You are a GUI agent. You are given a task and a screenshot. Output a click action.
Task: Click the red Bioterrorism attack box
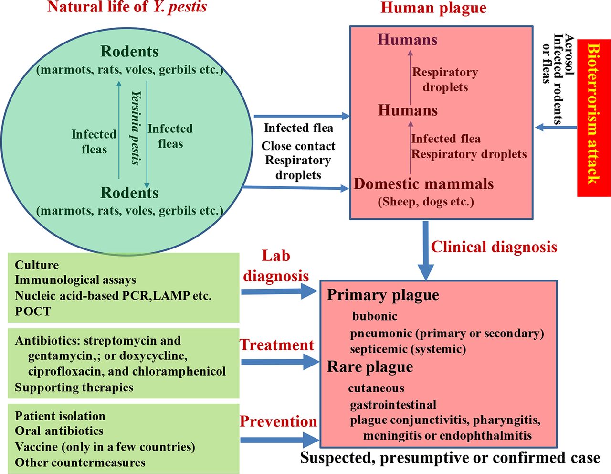(x=593, y=118)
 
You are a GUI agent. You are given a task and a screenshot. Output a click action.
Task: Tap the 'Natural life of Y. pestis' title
(x=127, y=7)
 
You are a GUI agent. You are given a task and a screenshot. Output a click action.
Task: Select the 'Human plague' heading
(x=433, y=8)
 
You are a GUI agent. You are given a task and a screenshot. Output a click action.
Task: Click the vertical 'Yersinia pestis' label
(x=136, y=128)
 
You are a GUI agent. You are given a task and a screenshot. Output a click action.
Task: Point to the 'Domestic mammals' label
(x=423, y=184)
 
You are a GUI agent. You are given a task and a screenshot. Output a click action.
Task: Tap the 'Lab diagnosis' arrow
(x=279, y=291)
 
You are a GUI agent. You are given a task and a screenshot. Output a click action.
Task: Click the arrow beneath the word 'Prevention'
(x=280, y=440)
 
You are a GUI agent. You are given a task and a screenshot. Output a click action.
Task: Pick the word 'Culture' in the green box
(x=37, y=265)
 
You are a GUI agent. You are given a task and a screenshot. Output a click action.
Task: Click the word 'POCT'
(x=32, y=311)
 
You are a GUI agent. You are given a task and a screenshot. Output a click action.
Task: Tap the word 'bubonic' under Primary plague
(x=374, y=316)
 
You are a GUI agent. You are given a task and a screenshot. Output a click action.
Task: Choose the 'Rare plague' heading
(x=370, y=367)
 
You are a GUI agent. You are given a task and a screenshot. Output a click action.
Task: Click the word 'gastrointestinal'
(x=393, y=405)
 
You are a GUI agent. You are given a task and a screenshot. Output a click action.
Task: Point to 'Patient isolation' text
(x=60, y=416)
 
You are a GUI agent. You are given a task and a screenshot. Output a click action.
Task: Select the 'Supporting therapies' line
(x=74, y=387)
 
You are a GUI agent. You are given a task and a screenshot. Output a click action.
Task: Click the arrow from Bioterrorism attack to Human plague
(x=556, y=128)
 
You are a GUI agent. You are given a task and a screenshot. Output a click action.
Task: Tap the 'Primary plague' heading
(x=383, y=295)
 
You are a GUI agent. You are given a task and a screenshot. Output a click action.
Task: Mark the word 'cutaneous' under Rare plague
(x=376, y=388)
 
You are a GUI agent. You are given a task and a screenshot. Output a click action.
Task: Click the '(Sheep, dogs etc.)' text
(x=426, y=202)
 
